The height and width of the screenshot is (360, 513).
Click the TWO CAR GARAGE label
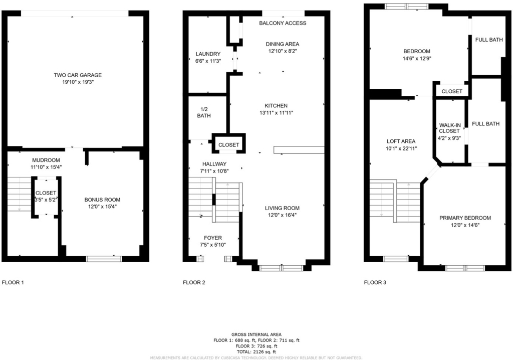(x=78, y=75)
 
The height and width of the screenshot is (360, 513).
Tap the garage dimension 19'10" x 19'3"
(x=78, y=82)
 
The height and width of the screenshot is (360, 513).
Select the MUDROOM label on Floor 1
(x=46, y=160)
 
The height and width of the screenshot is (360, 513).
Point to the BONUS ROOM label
(x=102, y=200)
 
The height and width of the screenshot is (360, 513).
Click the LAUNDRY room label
(x=208, y=54)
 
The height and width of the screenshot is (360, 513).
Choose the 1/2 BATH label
(x=204, y=112)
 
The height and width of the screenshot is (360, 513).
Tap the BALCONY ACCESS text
(x=283, y=23)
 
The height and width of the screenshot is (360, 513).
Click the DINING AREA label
(x=283, y=44)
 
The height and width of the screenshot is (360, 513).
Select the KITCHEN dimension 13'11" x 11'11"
(x=276, y=113)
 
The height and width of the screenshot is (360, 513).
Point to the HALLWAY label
(x=214, y=164)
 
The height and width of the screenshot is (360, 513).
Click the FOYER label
(x=212, y=238)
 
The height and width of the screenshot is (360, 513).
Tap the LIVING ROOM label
(x=282, y=208)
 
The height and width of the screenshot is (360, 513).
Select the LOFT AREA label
(x=401, y=141)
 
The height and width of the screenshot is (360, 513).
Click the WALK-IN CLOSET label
(x=449, y=128)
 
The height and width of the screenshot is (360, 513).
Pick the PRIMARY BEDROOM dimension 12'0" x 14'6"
(x=465, y=225)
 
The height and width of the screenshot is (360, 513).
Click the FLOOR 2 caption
(x=194, y=282)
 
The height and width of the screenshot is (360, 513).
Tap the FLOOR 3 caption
(x=375, y=282)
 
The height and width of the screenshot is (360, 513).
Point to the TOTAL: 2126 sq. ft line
(x=256, y=352)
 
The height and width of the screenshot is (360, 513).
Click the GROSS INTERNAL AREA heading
(x=256, y=334)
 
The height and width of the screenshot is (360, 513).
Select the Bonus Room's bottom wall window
(x=104, y=259)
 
